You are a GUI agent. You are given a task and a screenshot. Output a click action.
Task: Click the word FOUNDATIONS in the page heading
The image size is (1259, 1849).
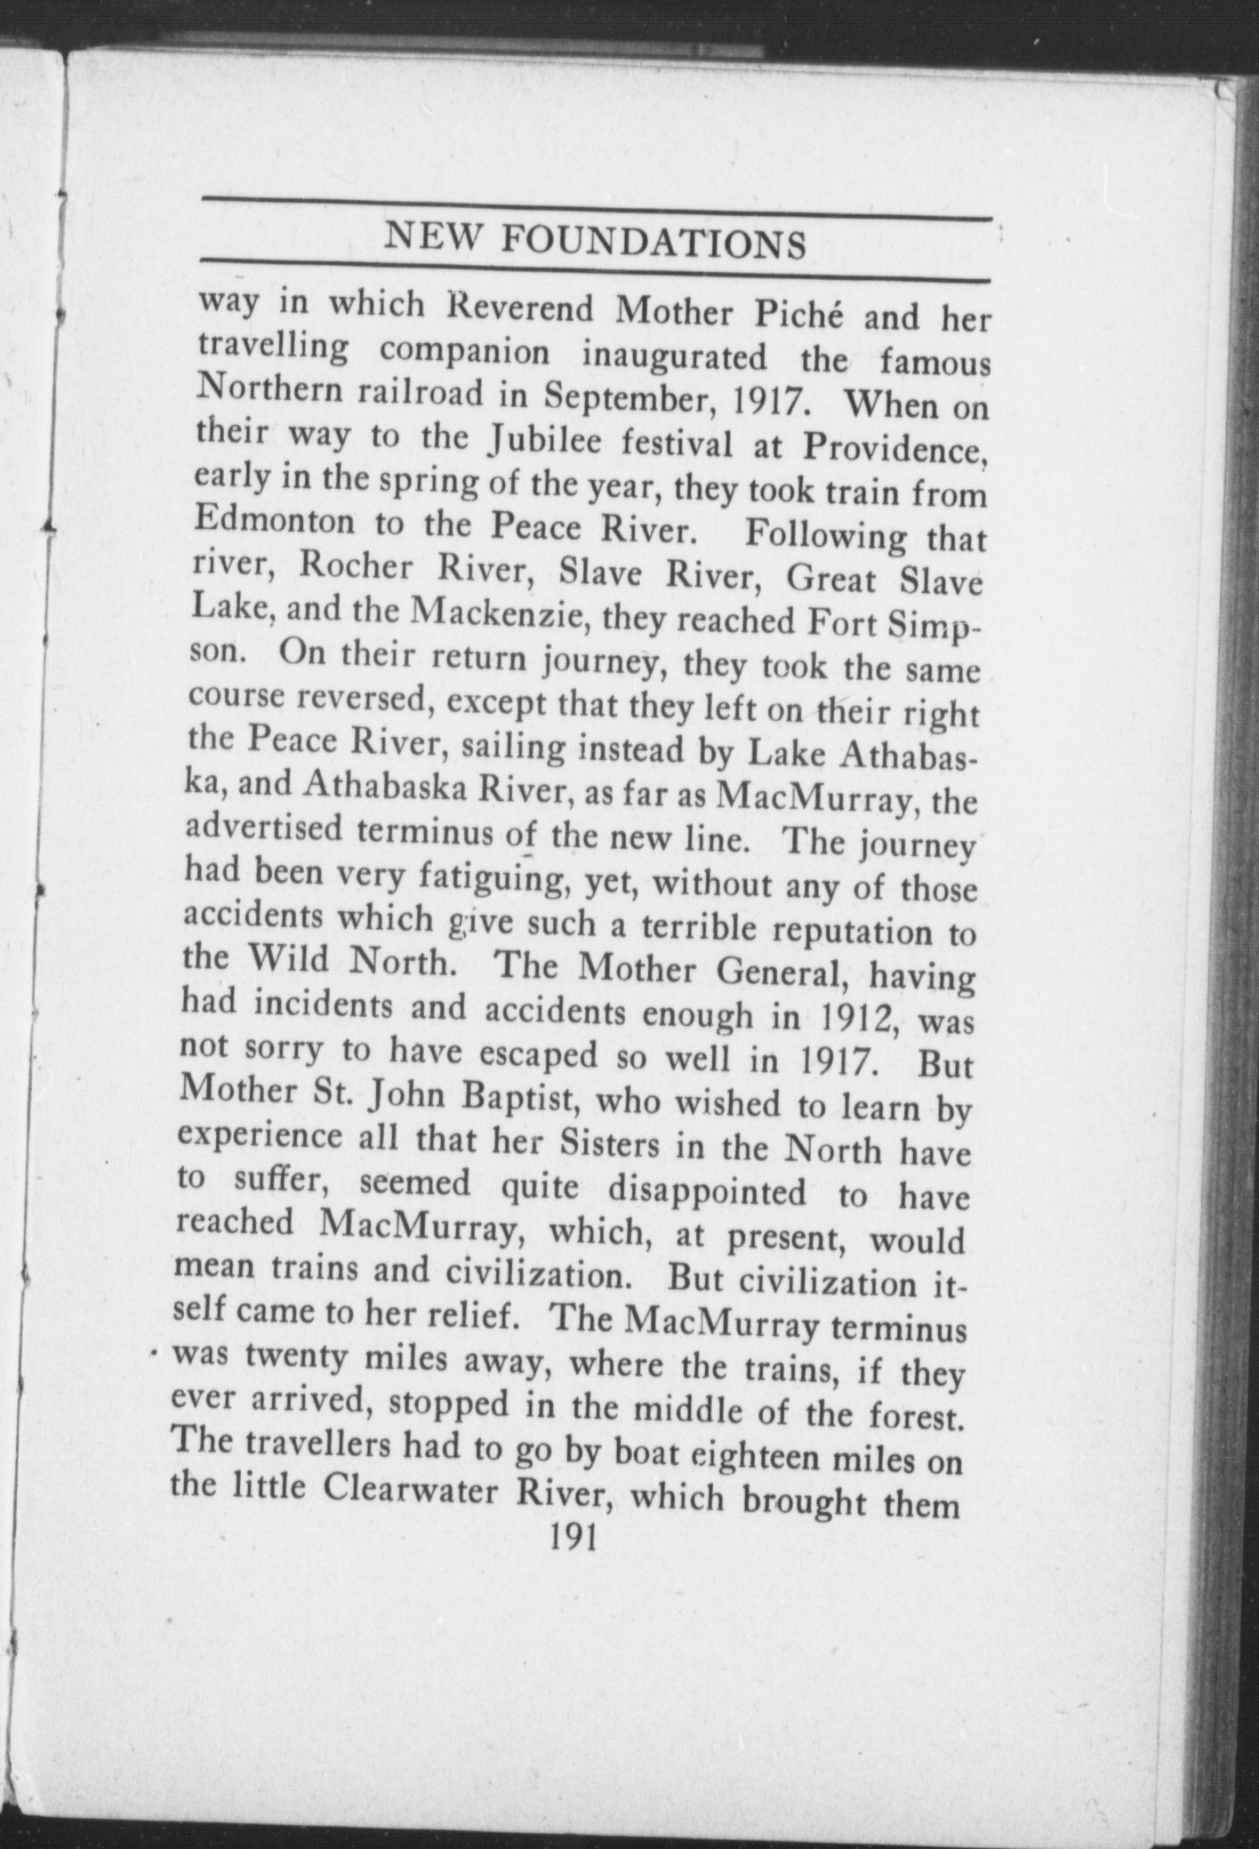coord(654,243)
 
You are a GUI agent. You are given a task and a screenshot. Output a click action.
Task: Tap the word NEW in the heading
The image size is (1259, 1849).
coord(435,236)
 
